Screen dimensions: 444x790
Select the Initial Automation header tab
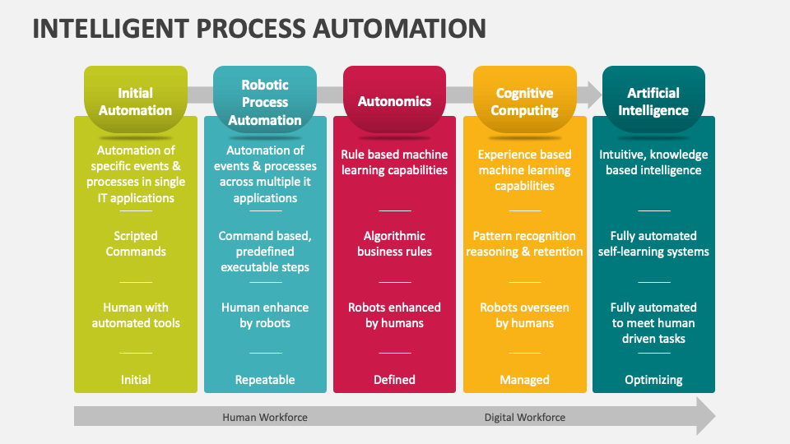[136, 101]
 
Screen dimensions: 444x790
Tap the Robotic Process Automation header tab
[265, 102]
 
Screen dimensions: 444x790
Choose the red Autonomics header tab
[394, 101]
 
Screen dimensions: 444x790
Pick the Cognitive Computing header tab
[524, 101]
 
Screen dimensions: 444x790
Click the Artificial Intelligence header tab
[653, 101]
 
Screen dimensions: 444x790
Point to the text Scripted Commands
[136, 243]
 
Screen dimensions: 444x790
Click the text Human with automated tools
[136, 315]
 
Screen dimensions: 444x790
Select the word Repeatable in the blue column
[265, 380]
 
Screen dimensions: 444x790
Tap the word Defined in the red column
[394, 380]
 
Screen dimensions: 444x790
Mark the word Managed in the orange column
[524, 380]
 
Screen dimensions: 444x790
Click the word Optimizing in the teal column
[653, 380]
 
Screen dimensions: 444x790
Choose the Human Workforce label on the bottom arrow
[265, 417]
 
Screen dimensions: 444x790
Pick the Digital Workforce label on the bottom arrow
[524, 417]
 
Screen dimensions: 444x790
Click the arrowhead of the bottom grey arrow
[704, 416]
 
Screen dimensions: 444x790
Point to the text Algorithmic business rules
[394, 243]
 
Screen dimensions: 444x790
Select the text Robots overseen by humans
[524, 315]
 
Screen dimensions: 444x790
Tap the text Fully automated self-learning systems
[653, 243]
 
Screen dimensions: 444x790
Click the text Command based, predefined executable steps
[265, 252]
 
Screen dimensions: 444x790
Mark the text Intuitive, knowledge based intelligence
[653, 162]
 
